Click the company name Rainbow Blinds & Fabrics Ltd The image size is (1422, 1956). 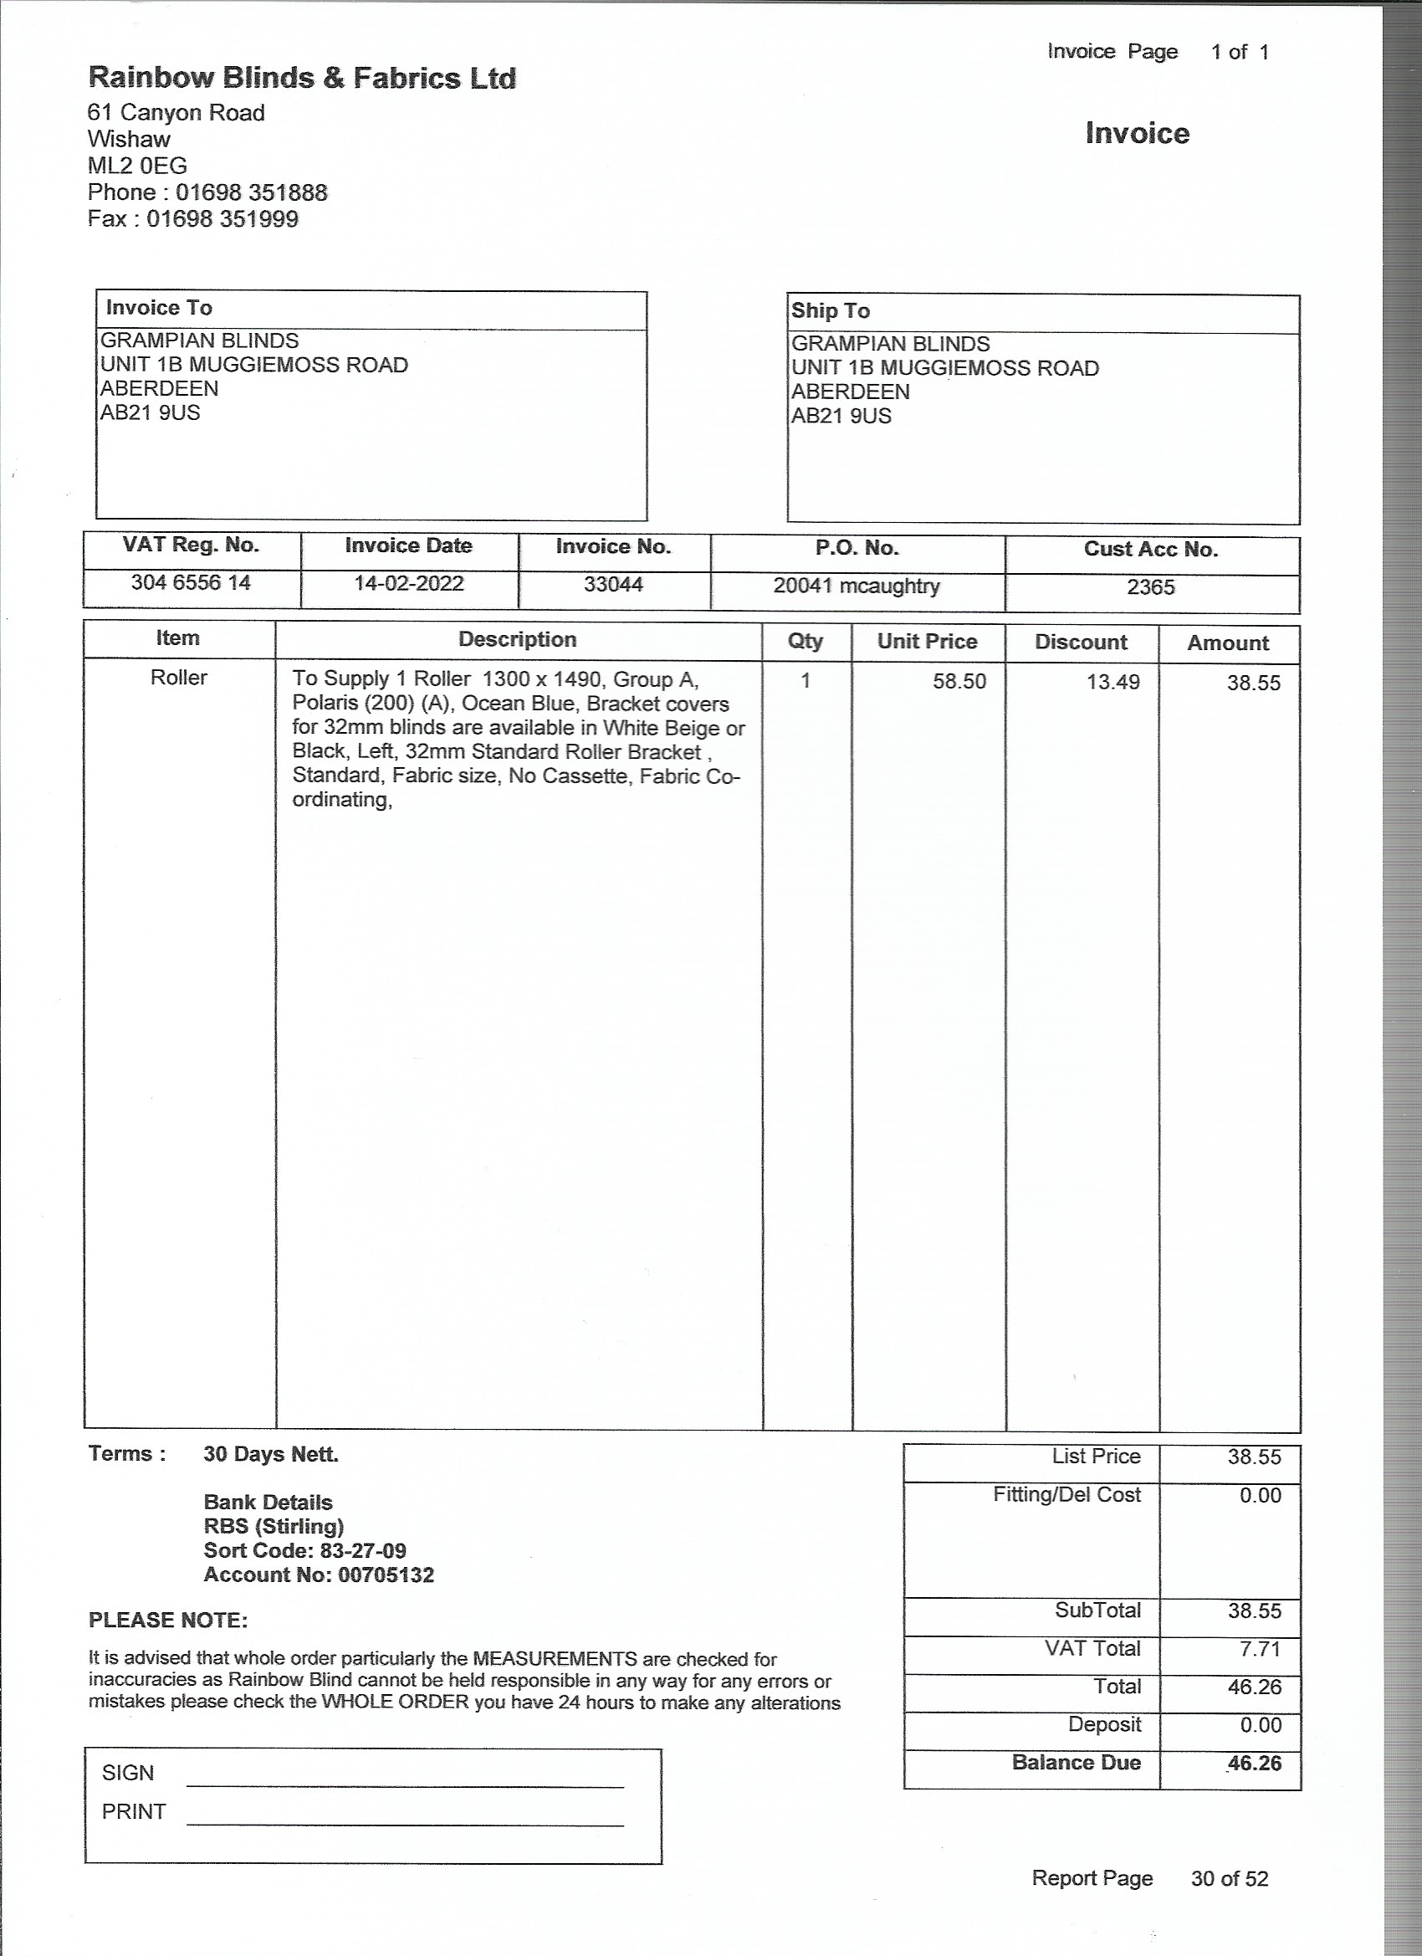302,79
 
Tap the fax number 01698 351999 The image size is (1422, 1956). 223,219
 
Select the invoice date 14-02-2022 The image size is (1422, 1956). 409,584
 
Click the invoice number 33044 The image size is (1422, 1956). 613,585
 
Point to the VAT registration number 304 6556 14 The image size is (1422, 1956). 191,583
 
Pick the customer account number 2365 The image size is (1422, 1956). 1150,587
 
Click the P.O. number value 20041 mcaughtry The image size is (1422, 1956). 857,586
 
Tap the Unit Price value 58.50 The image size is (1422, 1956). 959,681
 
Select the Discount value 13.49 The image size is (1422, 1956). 1113,682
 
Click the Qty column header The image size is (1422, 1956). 806,642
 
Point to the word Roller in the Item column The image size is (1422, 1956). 178,678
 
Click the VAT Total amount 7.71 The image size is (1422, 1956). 1260,1649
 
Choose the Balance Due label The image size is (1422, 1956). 1077,1762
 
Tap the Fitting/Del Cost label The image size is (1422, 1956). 1066,1494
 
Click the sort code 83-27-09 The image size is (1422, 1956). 362,1550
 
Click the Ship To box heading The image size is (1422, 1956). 831,311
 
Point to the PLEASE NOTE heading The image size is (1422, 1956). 168,1621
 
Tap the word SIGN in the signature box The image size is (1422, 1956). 128,1772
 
